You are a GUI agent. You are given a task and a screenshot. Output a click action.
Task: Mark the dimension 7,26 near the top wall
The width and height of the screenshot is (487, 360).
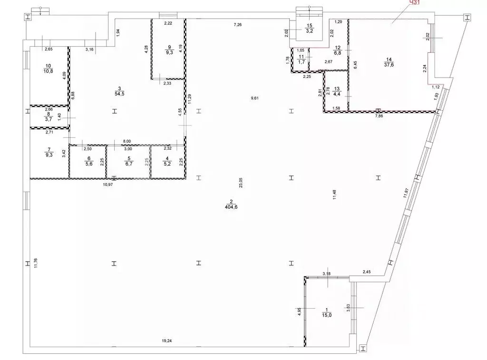pyautogui.click(x=238, y=24)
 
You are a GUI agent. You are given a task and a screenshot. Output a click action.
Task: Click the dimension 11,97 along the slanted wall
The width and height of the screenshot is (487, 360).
pyautogui.click(x=405, y=192)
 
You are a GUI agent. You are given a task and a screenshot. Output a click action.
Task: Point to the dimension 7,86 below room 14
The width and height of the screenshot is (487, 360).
pyautogui.click(x=380, y=116)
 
